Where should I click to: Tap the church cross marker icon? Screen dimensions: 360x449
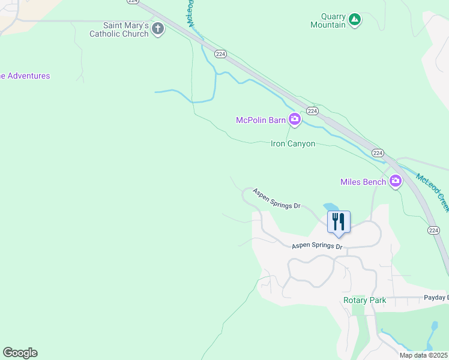(158, 29)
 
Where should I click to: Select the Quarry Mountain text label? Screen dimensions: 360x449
(328, 21)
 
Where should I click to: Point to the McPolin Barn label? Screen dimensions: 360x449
(261, 120)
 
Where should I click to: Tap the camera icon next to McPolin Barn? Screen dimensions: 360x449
(294, 120)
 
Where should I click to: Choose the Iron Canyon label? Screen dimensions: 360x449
(293, 144)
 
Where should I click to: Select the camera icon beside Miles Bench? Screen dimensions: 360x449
(395, 181)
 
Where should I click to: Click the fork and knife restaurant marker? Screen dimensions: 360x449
(339, 221)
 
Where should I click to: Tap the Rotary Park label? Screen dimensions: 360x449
(364, 300)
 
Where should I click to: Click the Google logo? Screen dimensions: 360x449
(20, 353)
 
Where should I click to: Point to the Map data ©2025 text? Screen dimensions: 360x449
(423, 355)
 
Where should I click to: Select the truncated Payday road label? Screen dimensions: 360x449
(436, 298)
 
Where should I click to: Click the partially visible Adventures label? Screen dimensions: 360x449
(25, 76)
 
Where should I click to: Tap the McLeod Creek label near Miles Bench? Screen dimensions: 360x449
(433, 191)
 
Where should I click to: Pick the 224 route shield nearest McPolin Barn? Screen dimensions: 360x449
(312, 111)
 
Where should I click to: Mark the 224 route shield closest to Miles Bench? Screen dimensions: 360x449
(377, 153)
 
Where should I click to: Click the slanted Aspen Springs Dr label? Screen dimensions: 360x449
(276, 199)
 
